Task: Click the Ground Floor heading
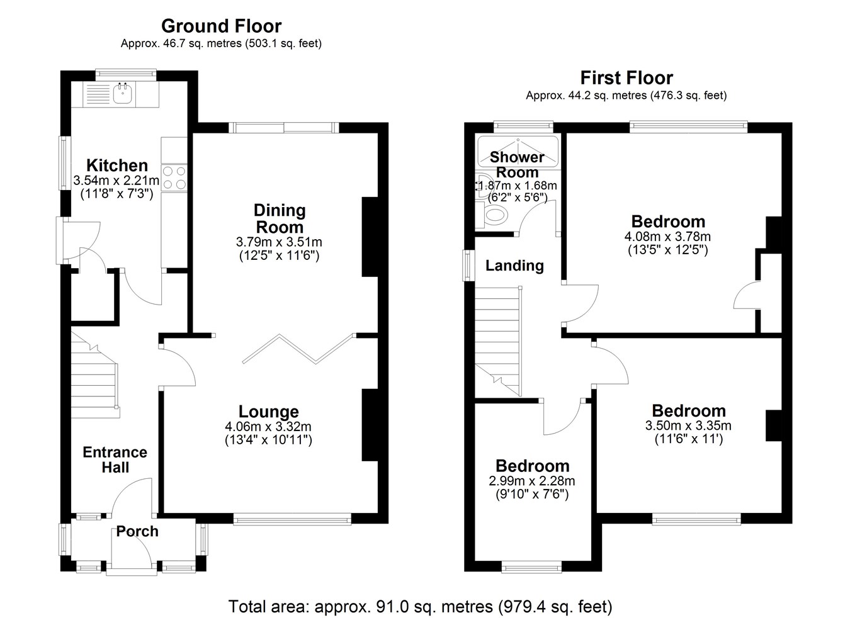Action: [221, 26]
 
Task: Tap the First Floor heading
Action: [626, 78]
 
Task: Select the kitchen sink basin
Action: [123, 94]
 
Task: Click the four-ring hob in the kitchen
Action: [174, 177]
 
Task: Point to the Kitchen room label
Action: [117, 166]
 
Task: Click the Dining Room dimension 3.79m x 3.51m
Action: [279, 242]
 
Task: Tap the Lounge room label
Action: [269, 412]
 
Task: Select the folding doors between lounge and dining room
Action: [298, 349]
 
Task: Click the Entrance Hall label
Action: [115, 459]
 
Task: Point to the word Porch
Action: [137, 532]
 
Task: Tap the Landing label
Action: [514, 266]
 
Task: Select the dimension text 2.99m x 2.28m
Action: [531, 481]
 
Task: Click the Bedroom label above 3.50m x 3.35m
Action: [689, 411]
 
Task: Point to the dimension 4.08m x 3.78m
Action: [667, 237]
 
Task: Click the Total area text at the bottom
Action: [420, 606]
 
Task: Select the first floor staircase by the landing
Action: [498, 342]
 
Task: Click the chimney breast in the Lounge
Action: [370, 425]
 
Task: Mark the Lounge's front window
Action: [292, 519]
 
